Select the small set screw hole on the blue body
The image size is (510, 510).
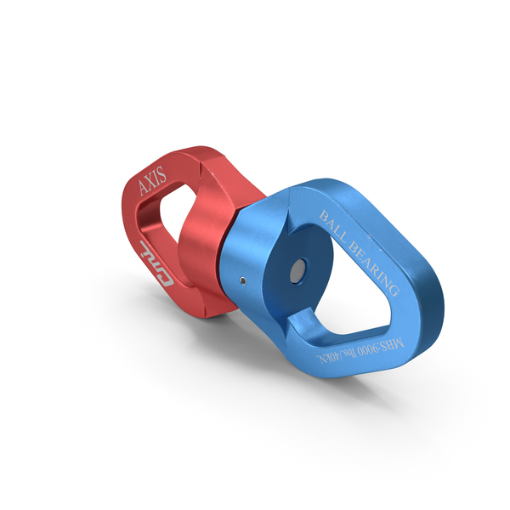(x=242, y=280)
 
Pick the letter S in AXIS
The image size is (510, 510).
(x=164, y=175)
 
